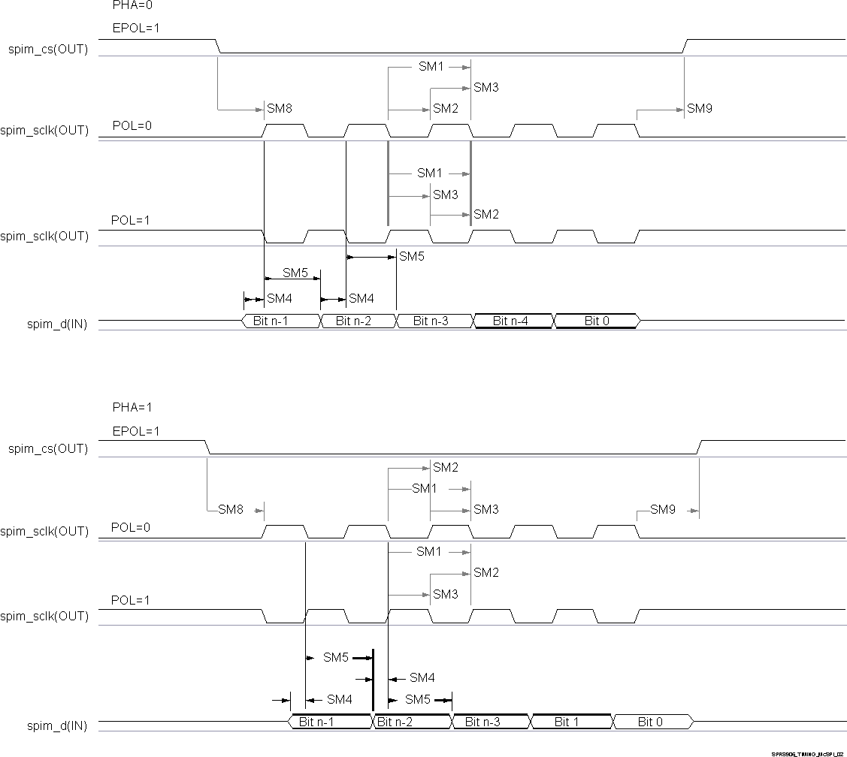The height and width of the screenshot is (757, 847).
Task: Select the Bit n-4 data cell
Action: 511,321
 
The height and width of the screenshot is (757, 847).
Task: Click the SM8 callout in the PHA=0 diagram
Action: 279,109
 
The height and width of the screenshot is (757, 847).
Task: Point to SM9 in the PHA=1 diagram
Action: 663,510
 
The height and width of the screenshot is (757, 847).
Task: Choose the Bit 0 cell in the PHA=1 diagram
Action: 651,722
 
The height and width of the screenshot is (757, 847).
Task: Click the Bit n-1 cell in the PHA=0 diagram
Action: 280,321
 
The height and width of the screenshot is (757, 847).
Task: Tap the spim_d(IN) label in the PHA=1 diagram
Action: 57,726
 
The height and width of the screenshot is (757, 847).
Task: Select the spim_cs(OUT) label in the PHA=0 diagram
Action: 48,50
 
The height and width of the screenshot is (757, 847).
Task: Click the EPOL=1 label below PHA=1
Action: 135,432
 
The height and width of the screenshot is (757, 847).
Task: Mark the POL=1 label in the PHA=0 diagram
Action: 131,220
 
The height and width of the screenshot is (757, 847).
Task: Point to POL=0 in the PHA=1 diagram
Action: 131,527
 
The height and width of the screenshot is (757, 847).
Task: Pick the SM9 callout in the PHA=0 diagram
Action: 700,109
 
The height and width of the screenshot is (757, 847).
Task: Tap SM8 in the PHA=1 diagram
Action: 231,510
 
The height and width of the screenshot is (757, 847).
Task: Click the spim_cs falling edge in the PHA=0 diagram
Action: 219,47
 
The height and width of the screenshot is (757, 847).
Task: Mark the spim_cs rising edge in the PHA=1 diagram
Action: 699,448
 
